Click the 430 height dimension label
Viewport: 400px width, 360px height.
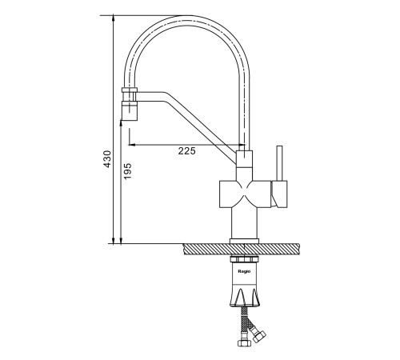(x=107, y=159)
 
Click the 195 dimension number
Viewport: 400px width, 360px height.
(x=128, y=171)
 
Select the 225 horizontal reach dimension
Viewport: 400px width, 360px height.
(x=187, y=151)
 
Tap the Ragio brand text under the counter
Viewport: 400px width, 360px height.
(x=244, y=271)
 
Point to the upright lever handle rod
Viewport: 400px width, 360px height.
(x=279, y=163)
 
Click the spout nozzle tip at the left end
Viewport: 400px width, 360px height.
(x=130, y=110)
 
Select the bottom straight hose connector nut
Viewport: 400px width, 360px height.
(x=243, y=342)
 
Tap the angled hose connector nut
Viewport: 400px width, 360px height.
(x=259, y=336)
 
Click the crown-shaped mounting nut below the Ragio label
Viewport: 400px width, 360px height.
(x=245, y=297)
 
